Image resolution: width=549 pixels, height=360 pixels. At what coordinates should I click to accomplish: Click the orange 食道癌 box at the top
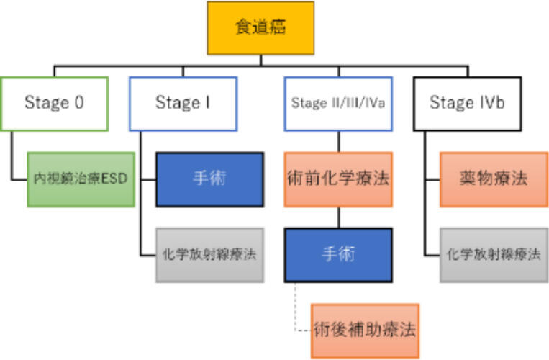coord(260,28)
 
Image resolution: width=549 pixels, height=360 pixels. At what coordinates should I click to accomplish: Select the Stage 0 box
coord(55,104)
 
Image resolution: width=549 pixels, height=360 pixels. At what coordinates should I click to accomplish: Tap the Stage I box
coord(183,104)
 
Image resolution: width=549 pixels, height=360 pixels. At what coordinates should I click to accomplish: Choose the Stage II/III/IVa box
coord(338,104)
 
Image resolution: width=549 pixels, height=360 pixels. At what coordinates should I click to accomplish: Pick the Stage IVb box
coord(467,104)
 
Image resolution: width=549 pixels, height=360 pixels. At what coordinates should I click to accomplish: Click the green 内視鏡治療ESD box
coord(81,179)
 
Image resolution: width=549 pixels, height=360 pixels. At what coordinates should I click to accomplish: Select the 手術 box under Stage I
coord(209,179)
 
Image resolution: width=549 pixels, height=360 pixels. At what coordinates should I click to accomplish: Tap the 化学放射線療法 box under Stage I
coord(209,255)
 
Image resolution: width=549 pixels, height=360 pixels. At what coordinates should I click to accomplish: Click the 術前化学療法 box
coord(338,179)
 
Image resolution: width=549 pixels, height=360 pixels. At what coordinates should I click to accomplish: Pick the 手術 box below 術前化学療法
coord(338,255)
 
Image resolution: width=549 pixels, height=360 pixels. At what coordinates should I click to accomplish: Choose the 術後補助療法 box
coord(365,330)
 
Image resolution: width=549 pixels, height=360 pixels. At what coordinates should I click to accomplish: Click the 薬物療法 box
coord(493,179)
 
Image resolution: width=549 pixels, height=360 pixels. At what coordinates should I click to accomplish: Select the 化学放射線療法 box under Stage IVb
coord(493,255)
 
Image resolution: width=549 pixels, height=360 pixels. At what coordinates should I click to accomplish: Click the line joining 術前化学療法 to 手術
coord(338,217)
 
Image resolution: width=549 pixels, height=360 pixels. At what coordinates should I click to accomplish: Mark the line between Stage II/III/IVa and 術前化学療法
coord(338,141)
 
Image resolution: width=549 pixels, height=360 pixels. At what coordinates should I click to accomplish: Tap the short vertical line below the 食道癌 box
coord(260,60)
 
